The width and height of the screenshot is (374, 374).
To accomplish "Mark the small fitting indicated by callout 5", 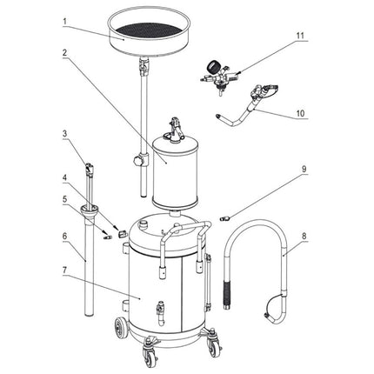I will pos(105,233).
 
